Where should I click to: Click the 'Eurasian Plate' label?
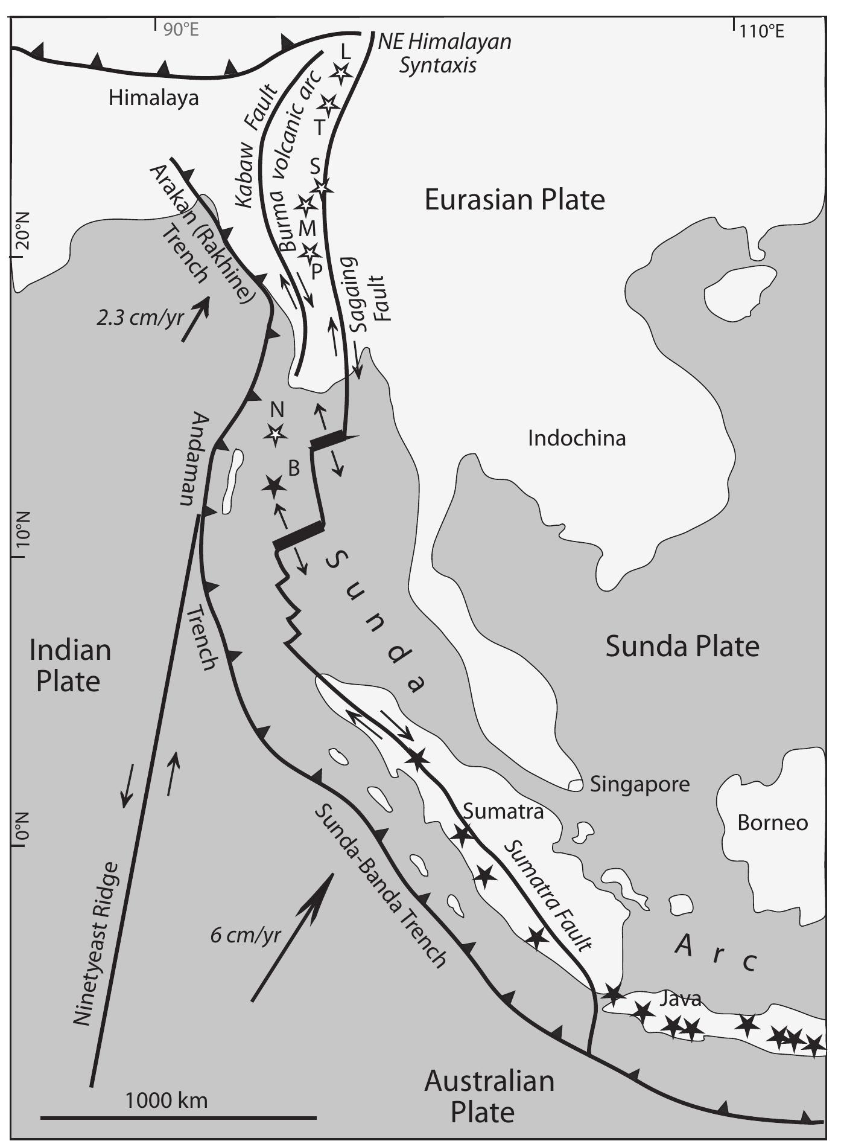coord(514,200)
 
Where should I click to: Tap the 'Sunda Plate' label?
coord(682,647)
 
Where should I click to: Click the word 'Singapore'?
coord(639,784)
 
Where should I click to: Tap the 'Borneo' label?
coord(772,823)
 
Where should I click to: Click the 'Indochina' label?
coord(576,438)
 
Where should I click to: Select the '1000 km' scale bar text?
coord(166,1101)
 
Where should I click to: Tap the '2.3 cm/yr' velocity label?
coord(139,317)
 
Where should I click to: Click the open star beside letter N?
coord(276,433)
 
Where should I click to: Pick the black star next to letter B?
coord(273,484)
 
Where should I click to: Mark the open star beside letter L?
coord(341,74)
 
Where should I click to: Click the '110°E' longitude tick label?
coord(762,31)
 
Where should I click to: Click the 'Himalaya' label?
coord(153,98)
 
